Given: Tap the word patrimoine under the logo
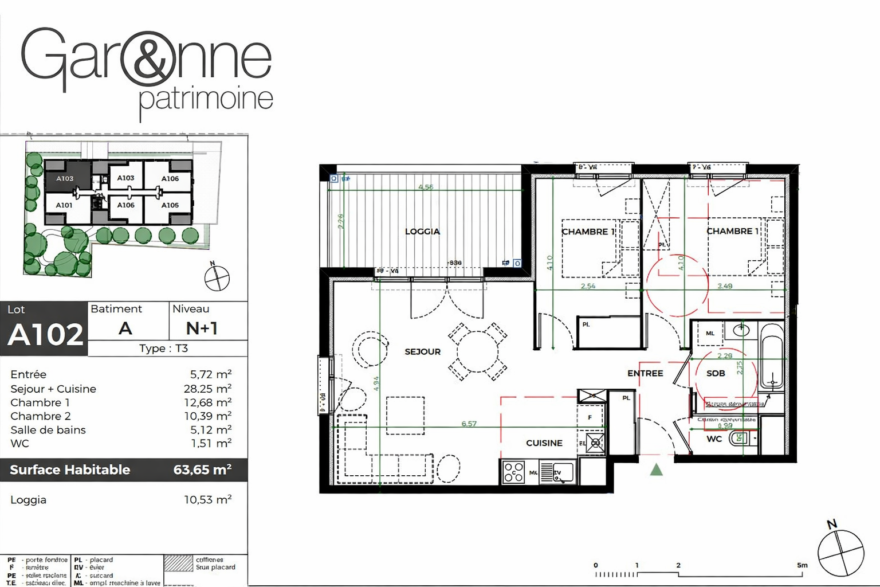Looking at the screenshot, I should pyautogui.click(x=206, y=99).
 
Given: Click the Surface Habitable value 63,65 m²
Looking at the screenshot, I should pyautogui.click(x=202, y=470).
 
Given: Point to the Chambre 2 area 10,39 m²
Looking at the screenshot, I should pyautogui.click(x=207, y=416).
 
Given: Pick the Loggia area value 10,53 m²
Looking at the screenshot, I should pyautogui.click(x=207, y=500).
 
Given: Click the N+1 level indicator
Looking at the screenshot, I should pyautogui.click(x=202, y=328).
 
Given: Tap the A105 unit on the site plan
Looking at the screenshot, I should pyautogui.click(x=170, y=205).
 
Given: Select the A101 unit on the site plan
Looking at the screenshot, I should pyautogui.click(x=64, y=205).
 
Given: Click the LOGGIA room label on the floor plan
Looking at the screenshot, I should pyautogui.click(x=422, y=232).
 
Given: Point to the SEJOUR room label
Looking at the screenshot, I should pyautogui.click(x=422, y=352).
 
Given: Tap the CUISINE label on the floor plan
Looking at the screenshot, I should pyautogui.click(x=544, y=443).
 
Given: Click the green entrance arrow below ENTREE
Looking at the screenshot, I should pyautogui.click(x=657, y=470).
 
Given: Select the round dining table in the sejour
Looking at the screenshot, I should pyautogui.click(x=477, y=352).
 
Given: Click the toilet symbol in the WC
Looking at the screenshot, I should pyautogui.click(x=739, y=439).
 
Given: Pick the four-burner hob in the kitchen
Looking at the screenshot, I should pyautogui.click(x=513, y=472).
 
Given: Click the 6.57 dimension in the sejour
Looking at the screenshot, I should pyautogui.click(x=469, y=424).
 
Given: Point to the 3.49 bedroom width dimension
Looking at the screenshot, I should pyautogui.click(x=725, y=286).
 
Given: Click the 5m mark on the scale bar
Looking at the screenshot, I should pyautogui.click(x=802, y=566).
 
